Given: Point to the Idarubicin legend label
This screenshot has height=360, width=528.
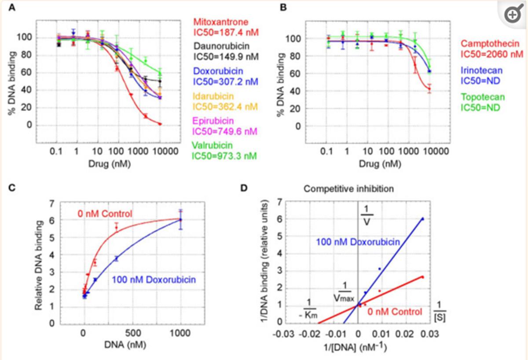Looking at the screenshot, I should (213, 96).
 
